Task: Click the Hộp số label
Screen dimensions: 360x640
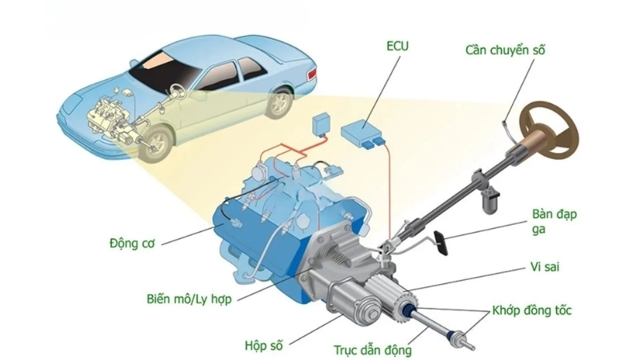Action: (263, 346)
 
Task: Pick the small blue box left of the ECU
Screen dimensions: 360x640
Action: (322, 122)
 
